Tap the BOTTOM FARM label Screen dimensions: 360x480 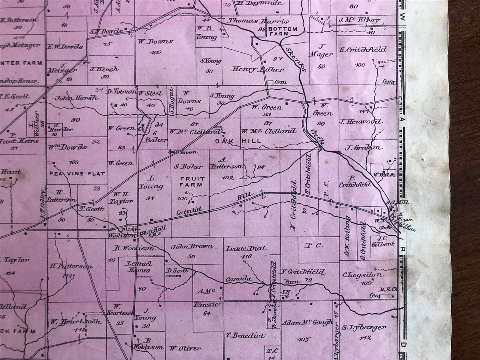pyautogui.click(x=283, y=32)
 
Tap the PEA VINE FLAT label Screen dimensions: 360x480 pyautogui.click(x=77, y=174)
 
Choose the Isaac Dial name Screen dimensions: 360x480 pyautogui.click(x=246, y=248)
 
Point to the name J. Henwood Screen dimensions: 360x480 pyautogui.click(x=360, y=122)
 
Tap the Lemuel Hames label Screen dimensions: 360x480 pyautogui.click(x=139, y=267)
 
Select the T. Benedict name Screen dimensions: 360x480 pyautogui.click(x=245, y=335)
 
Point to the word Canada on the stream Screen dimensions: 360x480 pyautogui.click(x=238, y=279)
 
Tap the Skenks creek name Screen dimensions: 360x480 pyautogui.click(x=296, y=59)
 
